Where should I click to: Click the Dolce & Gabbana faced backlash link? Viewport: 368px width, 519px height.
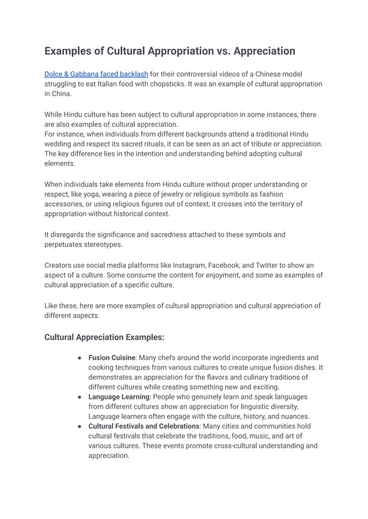point(96,74)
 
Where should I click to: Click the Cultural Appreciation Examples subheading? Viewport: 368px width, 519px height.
point(104,337)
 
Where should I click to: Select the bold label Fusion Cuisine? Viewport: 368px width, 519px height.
point(112,358)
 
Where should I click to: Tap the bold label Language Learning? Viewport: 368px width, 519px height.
point(119,397)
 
